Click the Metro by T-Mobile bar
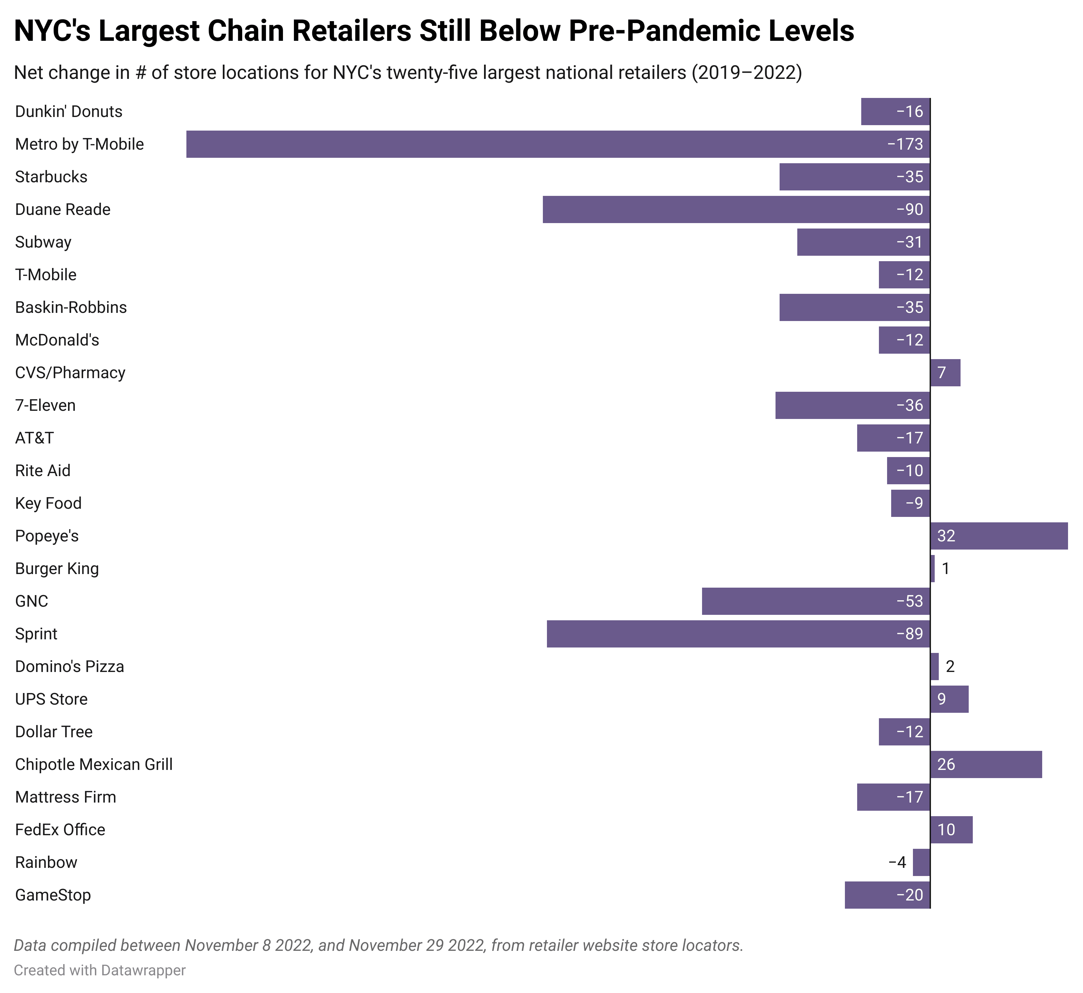click(557, 144)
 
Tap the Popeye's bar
click(999, 536)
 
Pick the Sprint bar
click(738, 634)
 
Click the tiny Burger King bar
click(933, 569)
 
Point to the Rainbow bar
click(921, 862)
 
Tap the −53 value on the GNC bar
click(910, 601)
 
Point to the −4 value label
click(897, 862)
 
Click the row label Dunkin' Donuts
click(69, 112)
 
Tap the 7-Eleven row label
click(46, 405)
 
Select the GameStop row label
click(53, 895)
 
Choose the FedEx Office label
click(60, 830)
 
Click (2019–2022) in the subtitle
click(747, 72)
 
